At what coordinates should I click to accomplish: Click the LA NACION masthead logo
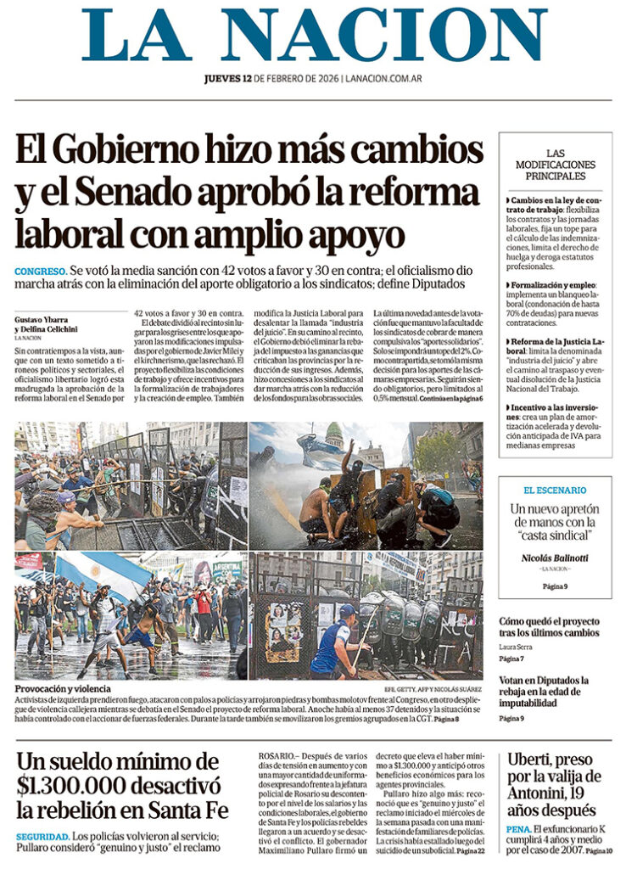tap(314, 35)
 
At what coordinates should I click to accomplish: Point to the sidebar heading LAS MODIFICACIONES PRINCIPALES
tap(555, 165)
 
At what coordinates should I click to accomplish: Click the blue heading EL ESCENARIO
tap(555, 490)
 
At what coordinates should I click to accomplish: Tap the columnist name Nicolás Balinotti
tap(555, 558)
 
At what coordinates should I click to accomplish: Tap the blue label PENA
tap(518, 828)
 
